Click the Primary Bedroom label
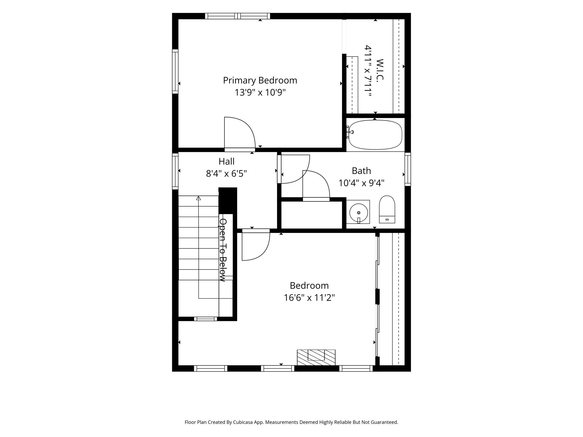(260, 81)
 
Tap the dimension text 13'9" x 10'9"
(260, 92)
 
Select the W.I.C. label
(380, 70)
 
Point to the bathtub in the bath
(375, 135)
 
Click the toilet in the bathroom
(387, 209)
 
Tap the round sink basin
(359, 213)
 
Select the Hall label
(227, 161)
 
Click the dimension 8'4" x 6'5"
(227, 174)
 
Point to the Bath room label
(362, 171)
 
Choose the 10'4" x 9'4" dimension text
(362, 183)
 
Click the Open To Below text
(223, 250)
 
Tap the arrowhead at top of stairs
(199, 198)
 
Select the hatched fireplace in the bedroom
(316, 358)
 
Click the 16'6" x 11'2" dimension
(309, 298)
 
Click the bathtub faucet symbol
(350, 132)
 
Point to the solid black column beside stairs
(228, 200)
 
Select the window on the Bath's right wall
(408, 169)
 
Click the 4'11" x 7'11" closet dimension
(368, 71)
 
